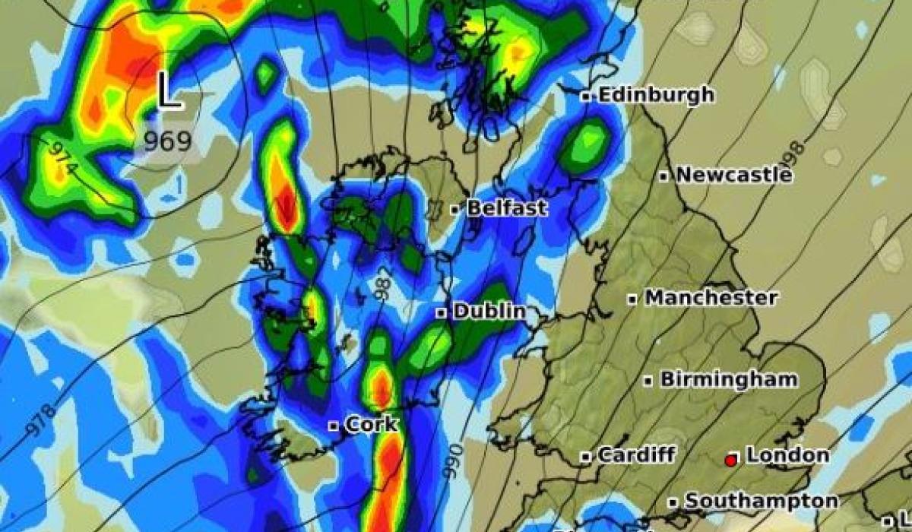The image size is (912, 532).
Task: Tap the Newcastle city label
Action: tap(733, 175)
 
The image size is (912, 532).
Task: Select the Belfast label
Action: tap(506, 208)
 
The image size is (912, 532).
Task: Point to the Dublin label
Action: tap(489, 311)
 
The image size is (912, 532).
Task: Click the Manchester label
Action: tap(711, 297)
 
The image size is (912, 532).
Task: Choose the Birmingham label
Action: tap(729, 378)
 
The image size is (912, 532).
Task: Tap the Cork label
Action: tap(371, 424)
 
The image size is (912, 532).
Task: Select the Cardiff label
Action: tap(636, 455)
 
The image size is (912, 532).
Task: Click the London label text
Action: tap(787, 455)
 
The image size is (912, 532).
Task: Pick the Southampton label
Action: tap(761, 501)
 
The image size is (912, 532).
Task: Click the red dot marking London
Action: tap(731, 460)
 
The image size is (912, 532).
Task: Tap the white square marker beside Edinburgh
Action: tap(586, 97)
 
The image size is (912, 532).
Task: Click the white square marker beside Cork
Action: tap(333, 426)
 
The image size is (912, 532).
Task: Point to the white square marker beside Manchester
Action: tap(632, 299)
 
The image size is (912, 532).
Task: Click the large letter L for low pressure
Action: tap(169, 92)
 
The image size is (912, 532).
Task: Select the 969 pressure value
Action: tap(168, 142)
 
